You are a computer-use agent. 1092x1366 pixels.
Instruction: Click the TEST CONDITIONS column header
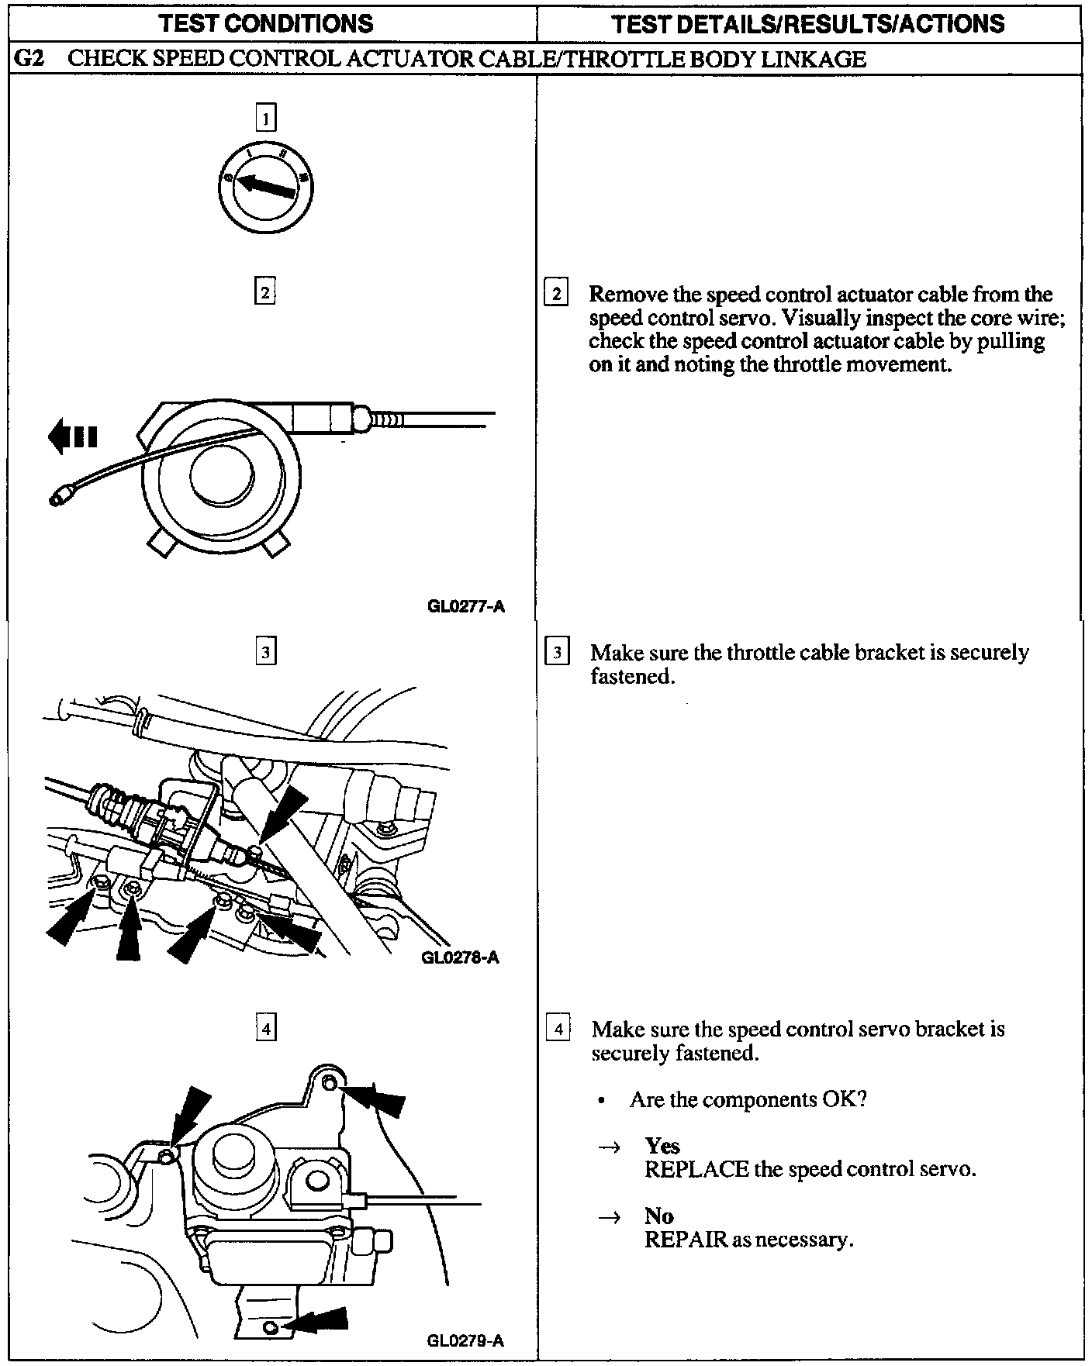click(x=266, y=23)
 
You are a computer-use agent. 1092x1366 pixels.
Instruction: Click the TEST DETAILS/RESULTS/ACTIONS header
click(x=808, y=23)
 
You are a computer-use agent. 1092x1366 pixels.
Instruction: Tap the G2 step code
click(x=29, y=59)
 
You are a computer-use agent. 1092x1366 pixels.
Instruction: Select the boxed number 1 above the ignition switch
click(x=266, y=119)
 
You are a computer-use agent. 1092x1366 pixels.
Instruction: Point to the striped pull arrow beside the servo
click(x=72, y=437)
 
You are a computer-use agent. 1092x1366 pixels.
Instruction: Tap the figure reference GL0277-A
click(x=465, y=606)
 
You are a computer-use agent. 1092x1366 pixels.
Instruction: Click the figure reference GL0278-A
click(x=460, y=957)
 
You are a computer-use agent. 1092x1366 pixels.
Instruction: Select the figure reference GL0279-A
click(x=465, y=1340)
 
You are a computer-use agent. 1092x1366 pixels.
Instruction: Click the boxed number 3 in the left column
click(x=265, y=652)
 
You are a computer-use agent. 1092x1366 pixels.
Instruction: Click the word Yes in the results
click(x=662, y=1146)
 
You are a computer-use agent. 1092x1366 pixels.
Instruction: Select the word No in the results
click(x=658, y=1216)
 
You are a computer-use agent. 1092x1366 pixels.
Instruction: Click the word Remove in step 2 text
click(x=622, y=295)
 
